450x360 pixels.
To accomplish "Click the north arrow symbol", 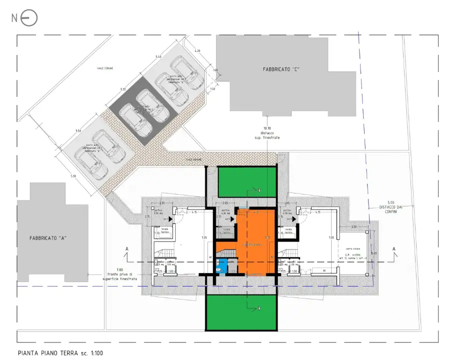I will [29, 18].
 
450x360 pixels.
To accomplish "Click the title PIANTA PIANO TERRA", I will [47, 353].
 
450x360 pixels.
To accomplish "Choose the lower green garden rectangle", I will [241, 312].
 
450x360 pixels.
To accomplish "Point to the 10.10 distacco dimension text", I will [269, 131].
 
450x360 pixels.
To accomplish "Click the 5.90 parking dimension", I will [73, 176].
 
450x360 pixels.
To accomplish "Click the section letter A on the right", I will [394, 248].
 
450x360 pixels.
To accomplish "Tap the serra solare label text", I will [352, 248].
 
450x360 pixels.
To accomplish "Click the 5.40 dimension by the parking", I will [158, 57].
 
